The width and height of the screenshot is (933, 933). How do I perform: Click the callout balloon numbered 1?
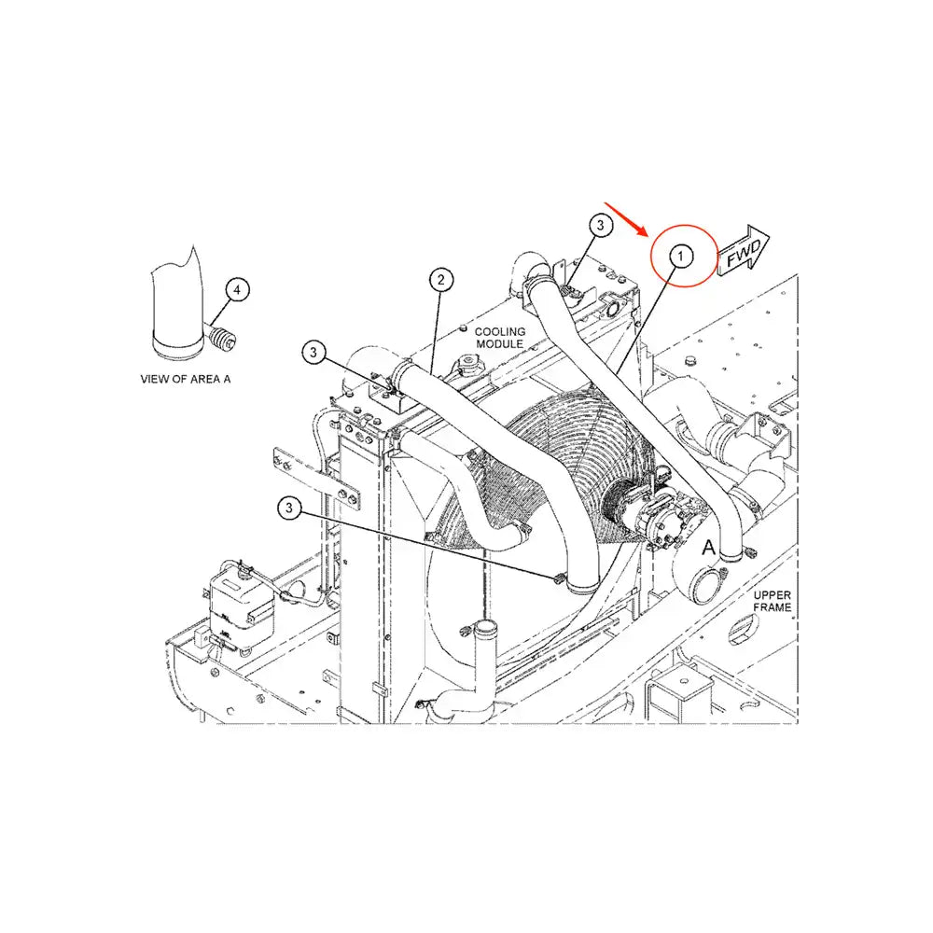tap(681, 257)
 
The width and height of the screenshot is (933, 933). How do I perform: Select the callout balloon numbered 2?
tap(440, 280)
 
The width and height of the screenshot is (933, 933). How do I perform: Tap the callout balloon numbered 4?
tap(237, 290)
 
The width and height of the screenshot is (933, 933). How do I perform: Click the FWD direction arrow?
tap(744, 250)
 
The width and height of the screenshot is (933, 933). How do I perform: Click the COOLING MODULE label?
tap(500, 338)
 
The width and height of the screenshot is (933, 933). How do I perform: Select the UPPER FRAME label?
tap(772, 601)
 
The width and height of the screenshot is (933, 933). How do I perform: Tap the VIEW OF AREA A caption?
tap(185, 379)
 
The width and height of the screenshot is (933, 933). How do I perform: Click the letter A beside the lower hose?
tap(708, 547)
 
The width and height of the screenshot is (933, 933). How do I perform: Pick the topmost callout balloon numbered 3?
tap(600, 225)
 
